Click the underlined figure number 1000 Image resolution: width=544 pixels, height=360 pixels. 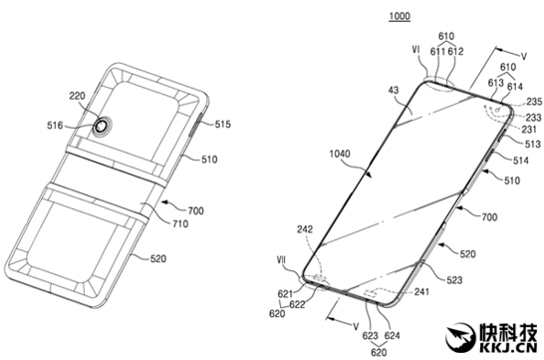tap(400, 16)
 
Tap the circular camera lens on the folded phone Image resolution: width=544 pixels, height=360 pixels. tap(102, 127)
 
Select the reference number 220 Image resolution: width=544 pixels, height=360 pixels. tap(77, 96)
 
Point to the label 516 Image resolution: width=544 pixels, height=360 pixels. tap(55, 126)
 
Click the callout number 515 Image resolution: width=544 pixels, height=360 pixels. tap(223, 124)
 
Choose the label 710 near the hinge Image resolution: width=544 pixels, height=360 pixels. tap(180, 223)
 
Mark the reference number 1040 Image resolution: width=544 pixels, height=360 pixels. tap(340, 154)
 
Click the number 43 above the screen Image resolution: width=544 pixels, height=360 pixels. tap(394, 91)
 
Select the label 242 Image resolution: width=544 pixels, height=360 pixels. tap(305, 229)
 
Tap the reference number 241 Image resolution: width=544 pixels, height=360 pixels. tap(421, 292)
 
